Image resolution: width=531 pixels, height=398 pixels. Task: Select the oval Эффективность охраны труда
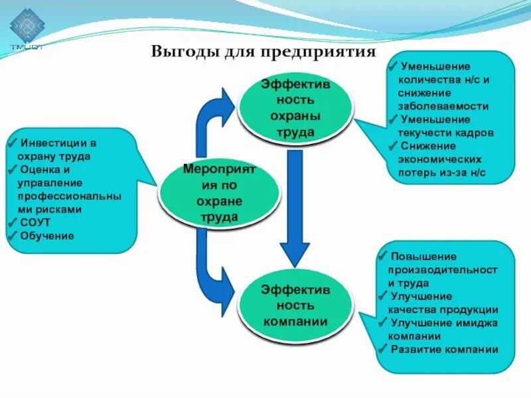click(295, 109)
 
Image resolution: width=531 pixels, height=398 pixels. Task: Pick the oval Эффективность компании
click(295, 306)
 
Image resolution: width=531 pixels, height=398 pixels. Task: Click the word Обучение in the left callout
click(47, 235)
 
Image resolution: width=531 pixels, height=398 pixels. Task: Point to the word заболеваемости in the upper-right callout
click(443, 105)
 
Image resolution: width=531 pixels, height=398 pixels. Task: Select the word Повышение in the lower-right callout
click(423, 256)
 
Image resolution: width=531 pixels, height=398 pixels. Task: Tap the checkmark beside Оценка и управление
click(15, 169)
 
